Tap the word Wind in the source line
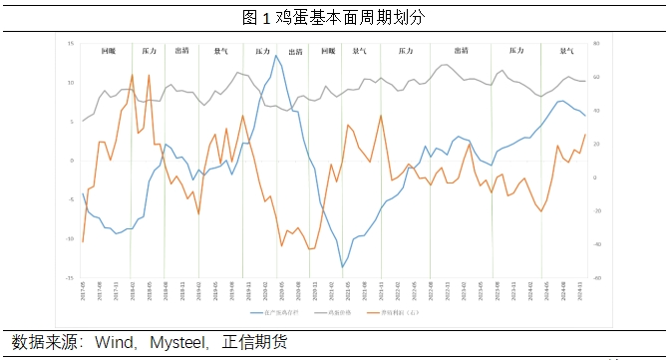click(x=117, y=342)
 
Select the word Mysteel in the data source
click(x=180, y=342)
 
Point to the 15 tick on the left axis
click(x=72, y=44)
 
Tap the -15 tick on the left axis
click(x=70, y=278)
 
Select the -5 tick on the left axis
click(x=71, y=199)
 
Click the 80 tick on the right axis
click(x=596, y=44)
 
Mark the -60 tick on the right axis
click(x=596, y=278)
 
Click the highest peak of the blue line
click(x=276, y=55)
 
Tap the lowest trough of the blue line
click(x=343, y=267)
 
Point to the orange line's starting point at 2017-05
click(x=83, y=242)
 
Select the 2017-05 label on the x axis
click(x=83, y=290)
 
